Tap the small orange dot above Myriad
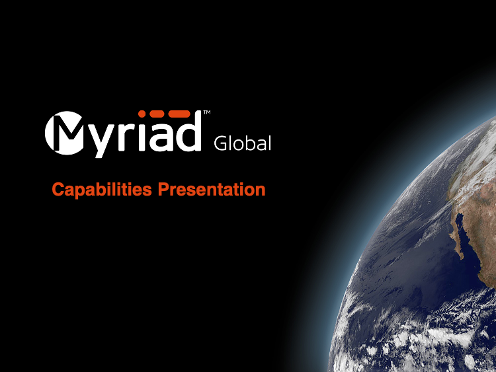pyautogui.click(x=142, y=114)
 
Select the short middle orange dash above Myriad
pyautogui.click(x=157, y=114)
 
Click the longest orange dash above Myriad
pyautogui.click(x=179, y=114)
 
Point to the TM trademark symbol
pyautogui.click(x=207, y=112)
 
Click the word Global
pyautogui.click(x=243, y=143)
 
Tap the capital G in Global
pyautogui.click(x=220, y=143)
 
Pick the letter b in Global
pyautogui.click(x=248, y=143)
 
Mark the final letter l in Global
pyautogui.click(x=270, y=143)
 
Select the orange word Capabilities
pyautogui.click(x=102, y=190)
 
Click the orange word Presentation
pyautogui.click(x=212, y=190)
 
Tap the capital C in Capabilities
pyautogui.click(x=58, y=190)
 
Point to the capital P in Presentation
pyautogui.click(x=164, y=190)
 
